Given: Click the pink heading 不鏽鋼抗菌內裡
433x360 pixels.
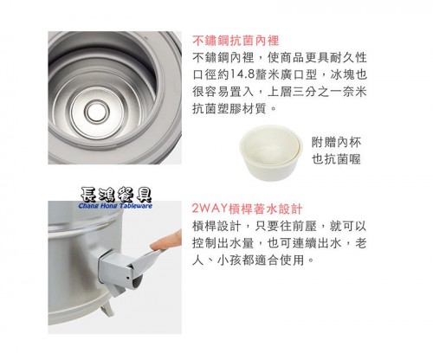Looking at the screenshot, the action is pyautogui.click(x=236, y=41).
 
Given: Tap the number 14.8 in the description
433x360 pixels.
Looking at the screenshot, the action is pyautogui.click(x=242, y=74).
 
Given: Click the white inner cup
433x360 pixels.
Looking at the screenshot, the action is pyautogui.click(x=271, y=151).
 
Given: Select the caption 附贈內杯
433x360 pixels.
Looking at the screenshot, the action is pyautogui.click(x=336, y=142).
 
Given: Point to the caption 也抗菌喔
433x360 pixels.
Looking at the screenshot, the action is pyautogui.click(x=336, y=159).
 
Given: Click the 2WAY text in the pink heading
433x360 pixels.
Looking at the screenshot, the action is pyautogui.click(x=210, y=209).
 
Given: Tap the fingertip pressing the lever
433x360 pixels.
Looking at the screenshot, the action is pyautogui.click(x=156, y=246).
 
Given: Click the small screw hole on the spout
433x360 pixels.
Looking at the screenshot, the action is pyautogui.click(x=128, y=278).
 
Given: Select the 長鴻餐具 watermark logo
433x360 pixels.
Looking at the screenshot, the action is pyautogui.click(x=116, y=195).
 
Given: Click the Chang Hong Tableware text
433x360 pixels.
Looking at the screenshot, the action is pyautogui.click(x=115, y=206).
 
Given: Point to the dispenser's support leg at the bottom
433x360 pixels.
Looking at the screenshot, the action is pyautogui.click(x=107, y=310).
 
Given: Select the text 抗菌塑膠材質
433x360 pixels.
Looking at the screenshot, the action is pyautogui.click(x=229, y=109).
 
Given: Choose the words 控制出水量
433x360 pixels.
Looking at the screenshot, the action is pyautogui.click(x=223, y=243).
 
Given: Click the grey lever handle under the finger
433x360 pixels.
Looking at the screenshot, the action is pyautogui.click(x=147, y=258).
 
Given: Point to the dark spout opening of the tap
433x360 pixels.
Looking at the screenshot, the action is pyautogui.click(x=138, y=280).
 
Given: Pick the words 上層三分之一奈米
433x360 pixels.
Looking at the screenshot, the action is pyautogui.click(x=317, y=92).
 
